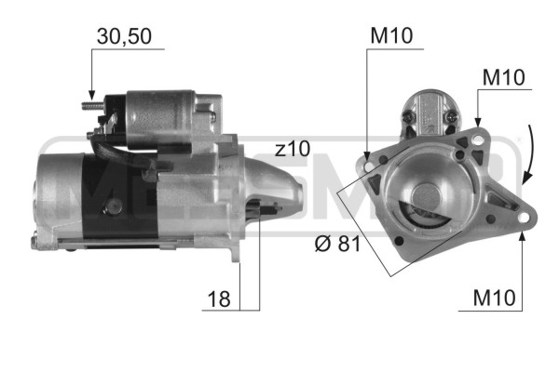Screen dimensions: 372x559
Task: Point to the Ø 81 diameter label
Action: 336,246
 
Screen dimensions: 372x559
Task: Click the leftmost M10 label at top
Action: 391,36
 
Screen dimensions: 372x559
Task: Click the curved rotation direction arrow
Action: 530,153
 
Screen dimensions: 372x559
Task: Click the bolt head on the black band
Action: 114,206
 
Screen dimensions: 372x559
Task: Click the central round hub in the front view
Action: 429,198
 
